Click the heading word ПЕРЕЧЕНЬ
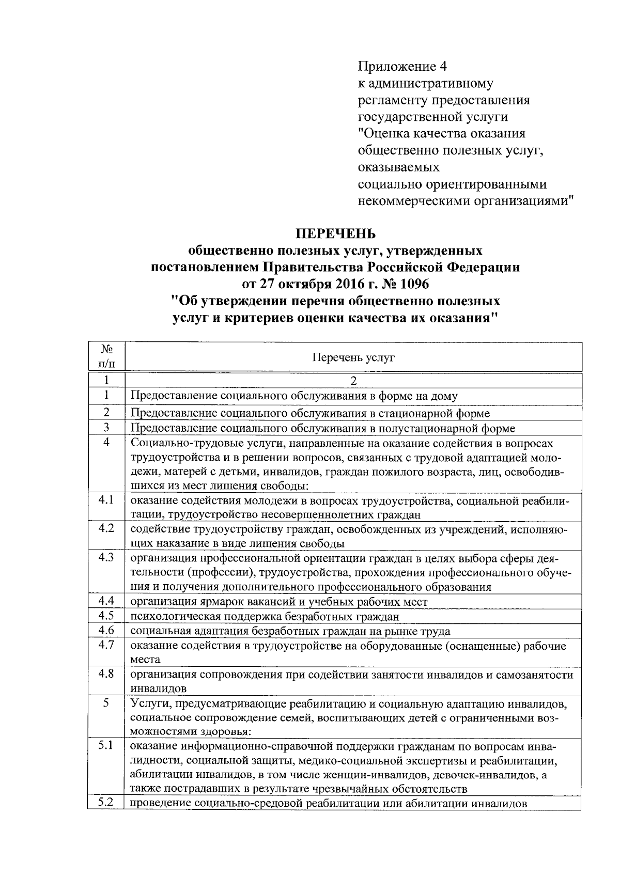[x=335, y=234]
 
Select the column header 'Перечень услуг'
[x=353, y=357]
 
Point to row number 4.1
[x=105, y=500]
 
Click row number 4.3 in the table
[x=105, y=558]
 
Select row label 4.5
[x=105, y=616]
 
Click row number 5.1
[x=105, y=746]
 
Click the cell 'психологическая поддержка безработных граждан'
[x=265, y=617]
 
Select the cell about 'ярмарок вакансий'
[x=278, y=602]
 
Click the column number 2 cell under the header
[x=353, y=381]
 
